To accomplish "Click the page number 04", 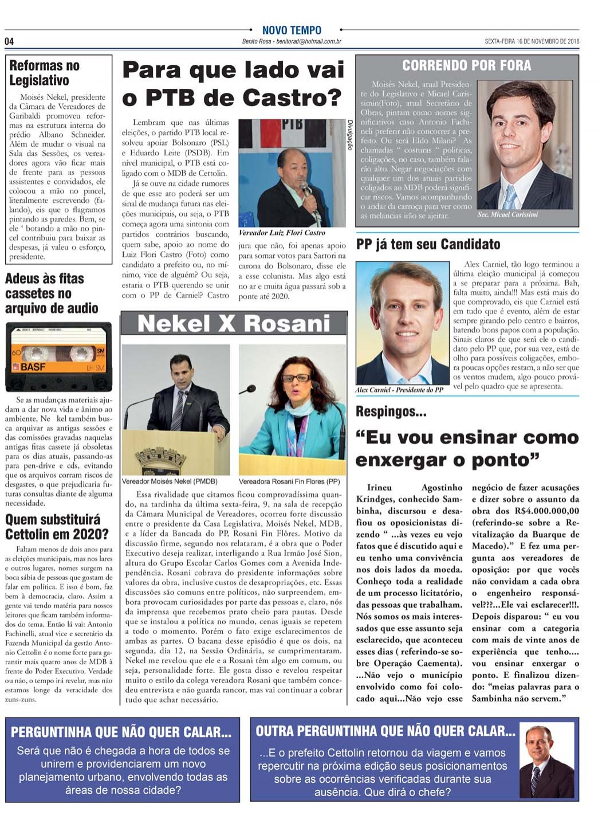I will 9,41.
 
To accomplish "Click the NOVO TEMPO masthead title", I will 292,30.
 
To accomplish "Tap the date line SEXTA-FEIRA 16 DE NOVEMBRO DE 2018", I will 532,41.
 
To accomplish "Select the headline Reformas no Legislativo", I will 44,73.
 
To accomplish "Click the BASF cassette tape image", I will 58,356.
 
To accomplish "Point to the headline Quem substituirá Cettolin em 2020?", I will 57,527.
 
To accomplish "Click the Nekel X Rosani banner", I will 234,324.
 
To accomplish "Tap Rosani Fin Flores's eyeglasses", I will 296,378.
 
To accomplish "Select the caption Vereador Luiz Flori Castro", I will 281,233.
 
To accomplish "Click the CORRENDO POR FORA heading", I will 466,65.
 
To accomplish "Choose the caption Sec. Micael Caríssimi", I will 507,215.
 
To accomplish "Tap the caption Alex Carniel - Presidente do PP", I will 399,390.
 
